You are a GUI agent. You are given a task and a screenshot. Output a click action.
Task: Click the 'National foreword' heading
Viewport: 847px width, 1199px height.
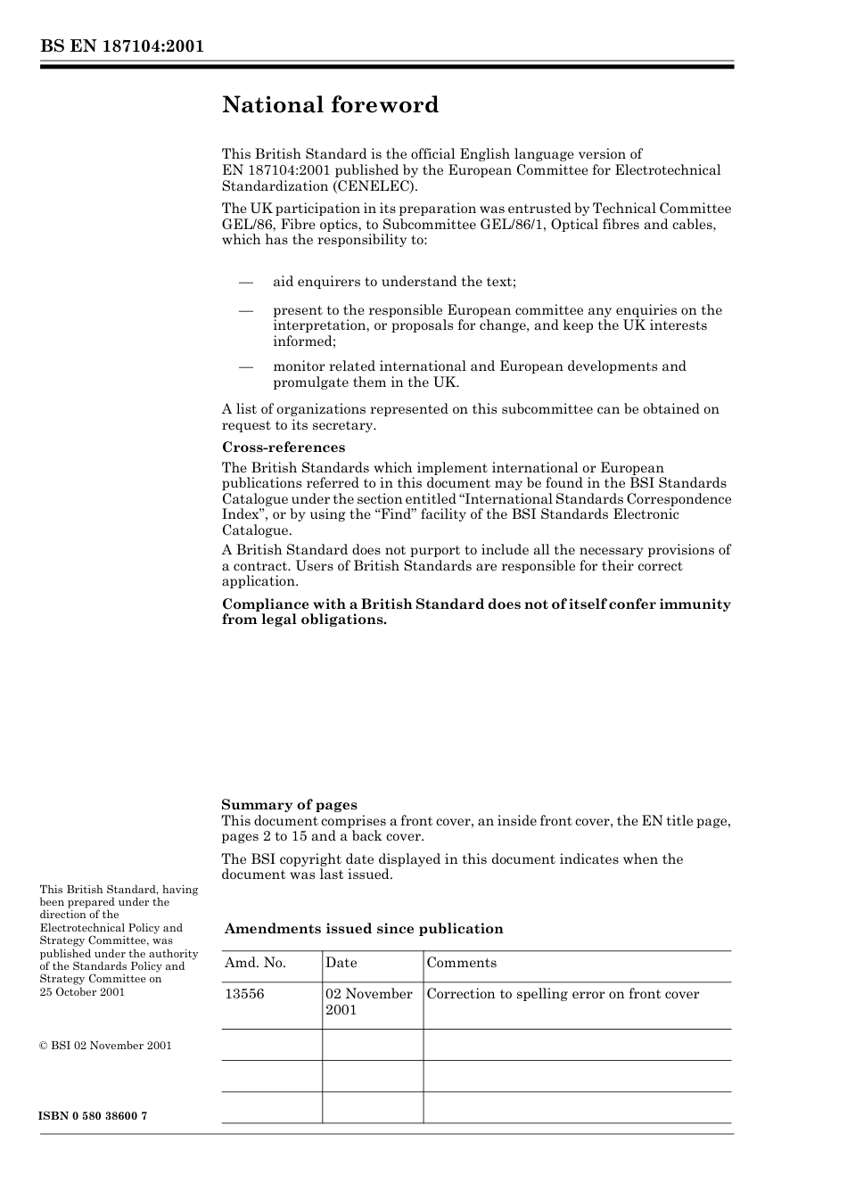click(x=330, y=105)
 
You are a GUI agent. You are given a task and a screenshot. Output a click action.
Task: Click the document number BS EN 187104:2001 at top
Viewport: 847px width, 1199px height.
click(x=121, y=45)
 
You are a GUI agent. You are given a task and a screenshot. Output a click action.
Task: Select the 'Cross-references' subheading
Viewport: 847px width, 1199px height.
click(x=284, y=448)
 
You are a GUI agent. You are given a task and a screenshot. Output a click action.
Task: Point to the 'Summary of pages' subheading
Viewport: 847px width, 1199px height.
click(x=289, y=805)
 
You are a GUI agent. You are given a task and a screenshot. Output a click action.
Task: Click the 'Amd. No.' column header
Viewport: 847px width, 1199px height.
click(x=255, y=963)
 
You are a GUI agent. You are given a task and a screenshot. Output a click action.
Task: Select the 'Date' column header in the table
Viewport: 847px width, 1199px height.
click(x=341, y=963)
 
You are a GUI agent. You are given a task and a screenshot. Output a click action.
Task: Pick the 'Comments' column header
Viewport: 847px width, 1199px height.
click(x=462, y=963)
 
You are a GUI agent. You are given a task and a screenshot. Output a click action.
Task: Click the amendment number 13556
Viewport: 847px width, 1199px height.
click(x=244, y=994)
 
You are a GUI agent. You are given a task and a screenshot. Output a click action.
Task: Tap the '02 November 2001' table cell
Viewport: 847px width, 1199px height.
click(x=368, y=1002)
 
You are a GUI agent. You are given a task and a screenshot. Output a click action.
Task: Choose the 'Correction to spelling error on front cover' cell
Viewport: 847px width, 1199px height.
click(x=563, y=994)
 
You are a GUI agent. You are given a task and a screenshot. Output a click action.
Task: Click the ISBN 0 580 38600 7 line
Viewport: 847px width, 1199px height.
click(x=94, y=1116)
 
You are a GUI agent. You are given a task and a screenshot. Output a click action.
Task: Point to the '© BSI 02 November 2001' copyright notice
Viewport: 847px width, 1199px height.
click(x=105, y=1046)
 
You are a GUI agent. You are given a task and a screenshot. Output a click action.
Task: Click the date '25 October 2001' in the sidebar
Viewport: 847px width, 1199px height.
click(x=82, y=992)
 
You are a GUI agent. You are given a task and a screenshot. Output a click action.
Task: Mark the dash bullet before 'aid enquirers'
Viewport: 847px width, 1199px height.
click(x=246, y=283)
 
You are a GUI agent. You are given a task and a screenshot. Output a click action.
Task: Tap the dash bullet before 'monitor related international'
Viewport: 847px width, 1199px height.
click(x=246, y=366)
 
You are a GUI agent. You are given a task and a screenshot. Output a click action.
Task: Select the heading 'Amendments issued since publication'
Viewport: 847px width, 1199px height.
click(x=364, y=929)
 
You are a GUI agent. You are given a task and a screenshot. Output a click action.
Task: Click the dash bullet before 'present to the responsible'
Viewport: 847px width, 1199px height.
click(x=246, y=311)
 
